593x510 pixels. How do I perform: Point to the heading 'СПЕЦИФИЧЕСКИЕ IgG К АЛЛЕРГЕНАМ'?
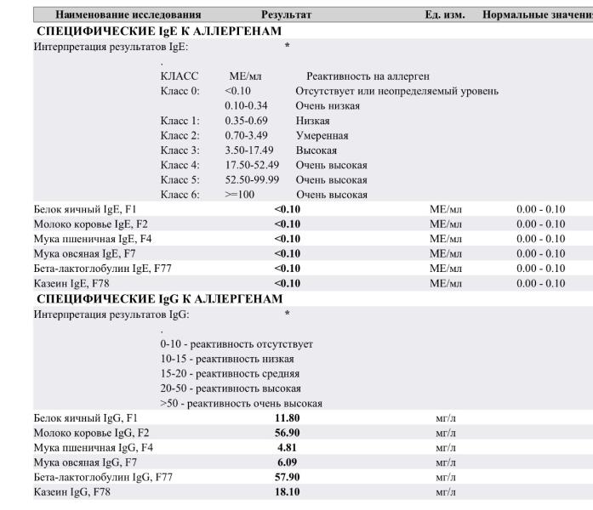click(159, 298)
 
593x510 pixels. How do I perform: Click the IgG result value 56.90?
click(287, 433)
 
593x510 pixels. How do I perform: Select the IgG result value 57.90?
click(287, 477)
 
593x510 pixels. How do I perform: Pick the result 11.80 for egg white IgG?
click(287, 417)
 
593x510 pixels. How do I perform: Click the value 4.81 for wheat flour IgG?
click(287, 447)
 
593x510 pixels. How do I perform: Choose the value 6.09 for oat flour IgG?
click(287, 462)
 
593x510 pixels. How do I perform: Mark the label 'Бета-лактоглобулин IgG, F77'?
click(103, 477)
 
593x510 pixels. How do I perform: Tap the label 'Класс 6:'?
click(180, 194)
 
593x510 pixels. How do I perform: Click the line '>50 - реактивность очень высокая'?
click(241, 403)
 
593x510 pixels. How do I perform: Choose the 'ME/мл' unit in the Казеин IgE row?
click(445, 283)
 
